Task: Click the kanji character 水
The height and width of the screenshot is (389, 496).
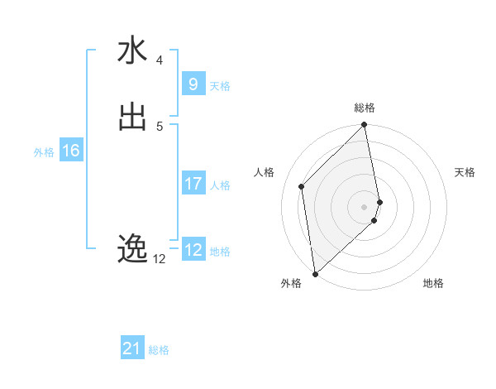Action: [132, 51]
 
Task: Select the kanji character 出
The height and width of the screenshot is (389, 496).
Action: [132, 117]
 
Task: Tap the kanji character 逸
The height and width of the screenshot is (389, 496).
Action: [132, 248]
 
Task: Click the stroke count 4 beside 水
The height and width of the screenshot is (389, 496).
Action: [160, 60]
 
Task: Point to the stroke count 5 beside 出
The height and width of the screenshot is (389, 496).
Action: [160, 126]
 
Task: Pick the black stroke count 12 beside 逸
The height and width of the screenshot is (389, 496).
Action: [160, 258]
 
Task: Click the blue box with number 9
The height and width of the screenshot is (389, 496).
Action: [193, 84]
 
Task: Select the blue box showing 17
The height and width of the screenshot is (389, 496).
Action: [193, 183]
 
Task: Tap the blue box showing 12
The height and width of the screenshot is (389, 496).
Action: [193, 249]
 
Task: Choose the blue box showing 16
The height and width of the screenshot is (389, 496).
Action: [71, 151]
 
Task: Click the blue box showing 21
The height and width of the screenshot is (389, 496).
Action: [132, 348]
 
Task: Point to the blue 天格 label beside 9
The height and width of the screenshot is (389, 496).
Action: [220, 86]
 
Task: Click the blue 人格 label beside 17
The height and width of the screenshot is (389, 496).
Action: [221, 185]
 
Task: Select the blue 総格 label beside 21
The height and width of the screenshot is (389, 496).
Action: [159, 351]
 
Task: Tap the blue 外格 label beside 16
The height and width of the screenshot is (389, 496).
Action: [44, 152]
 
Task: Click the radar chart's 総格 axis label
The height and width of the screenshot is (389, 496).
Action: [365, 108]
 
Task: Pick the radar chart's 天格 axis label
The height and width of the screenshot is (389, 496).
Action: [465, 172]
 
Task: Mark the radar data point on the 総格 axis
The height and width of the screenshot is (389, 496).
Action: [365, 126]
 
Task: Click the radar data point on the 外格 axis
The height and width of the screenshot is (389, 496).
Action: [315, 273]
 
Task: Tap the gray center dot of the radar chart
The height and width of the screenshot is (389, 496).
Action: [365, 206]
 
